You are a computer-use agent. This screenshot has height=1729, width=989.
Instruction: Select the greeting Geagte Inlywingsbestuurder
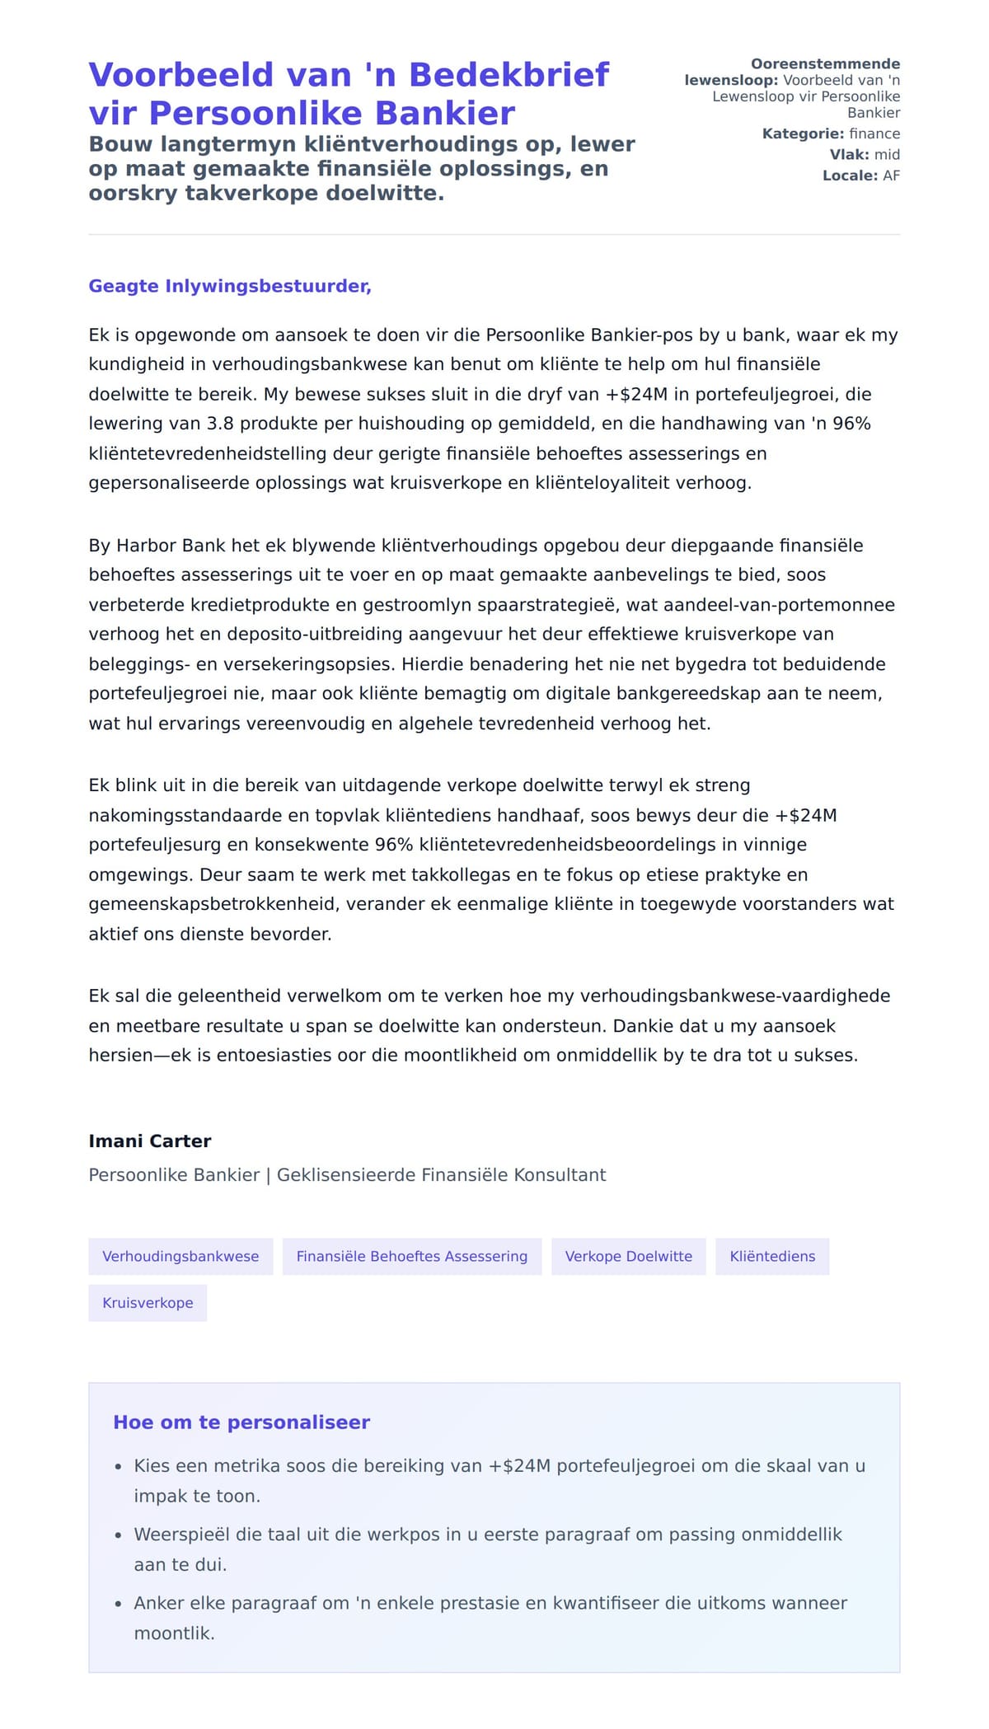tap(230, 286)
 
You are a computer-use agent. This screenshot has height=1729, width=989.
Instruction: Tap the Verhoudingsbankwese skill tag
tap(180, 1256)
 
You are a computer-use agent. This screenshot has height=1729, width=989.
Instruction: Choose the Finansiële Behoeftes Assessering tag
tap(411, 1256)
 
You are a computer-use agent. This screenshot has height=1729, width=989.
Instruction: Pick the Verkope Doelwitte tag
tap(628, 1256)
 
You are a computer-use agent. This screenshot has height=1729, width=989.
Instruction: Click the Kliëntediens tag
tap(772, 1256)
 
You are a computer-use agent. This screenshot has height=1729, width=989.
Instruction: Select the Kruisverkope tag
tap(148, 1303)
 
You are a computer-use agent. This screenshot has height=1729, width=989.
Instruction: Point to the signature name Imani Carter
tap(150, 1141)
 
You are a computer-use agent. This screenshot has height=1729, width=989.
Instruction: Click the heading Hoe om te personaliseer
tap(241, 1422)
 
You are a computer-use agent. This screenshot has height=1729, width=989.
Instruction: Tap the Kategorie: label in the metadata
tap(802, 134)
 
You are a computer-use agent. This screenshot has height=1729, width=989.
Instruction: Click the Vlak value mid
tap(887, 154)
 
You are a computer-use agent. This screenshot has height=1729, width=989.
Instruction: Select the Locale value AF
tap(891, 176)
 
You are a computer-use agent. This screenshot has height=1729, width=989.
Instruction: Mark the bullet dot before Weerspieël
tap(118, 1535)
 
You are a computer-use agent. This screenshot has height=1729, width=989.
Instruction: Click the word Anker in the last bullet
tap(159, 1603)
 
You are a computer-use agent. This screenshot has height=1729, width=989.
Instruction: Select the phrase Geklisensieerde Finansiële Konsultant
tap(441, 1174)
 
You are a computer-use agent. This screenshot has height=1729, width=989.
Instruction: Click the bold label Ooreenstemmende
tap(825, 63)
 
